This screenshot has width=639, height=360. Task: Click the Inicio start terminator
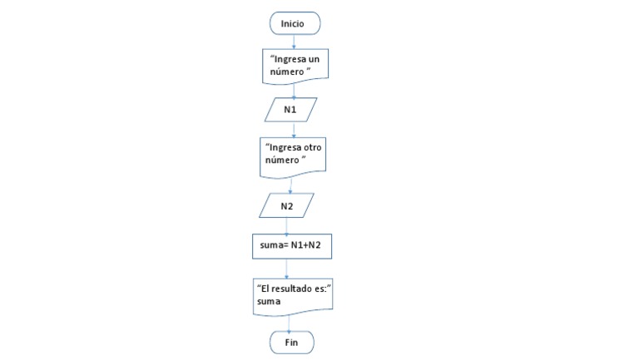(292, 23)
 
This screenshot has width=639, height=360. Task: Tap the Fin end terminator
(292, 342)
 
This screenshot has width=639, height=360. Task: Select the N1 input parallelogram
(291, 110)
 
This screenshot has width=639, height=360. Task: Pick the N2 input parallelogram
(286, 205)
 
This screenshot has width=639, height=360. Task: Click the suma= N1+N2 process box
(286, 247)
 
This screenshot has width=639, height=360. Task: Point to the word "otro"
(310, 148)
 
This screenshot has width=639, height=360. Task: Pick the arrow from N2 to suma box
(286, 224)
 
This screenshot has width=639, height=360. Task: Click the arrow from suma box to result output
(286, 268)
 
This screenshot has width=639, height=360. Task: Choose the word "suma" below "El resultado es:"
(269, 302)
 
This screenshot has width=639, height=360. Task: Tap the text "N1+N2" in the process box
(303, 247)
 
